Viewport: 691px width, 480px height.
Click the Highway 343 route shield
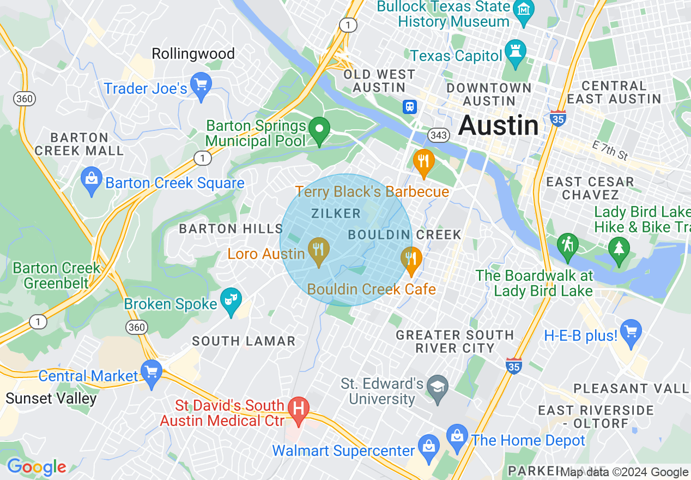tap(438, 135)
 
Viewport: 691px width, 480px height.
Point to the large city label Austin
tap(498, 126)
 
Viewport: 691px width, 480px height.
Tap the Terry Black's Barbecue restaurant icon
tap(423, 161)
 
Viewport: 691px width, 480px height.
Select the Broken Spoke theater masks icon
tap(231, 300)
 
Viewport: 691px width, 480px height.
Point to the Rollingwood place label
tap(193, 53)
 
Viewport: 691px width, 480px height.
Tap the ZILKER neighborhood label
tap(336, 214)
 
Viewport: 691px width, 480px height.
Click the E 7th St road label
tap(610, 149)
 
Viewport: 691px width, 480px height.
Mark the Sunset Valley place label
tap(51, 399)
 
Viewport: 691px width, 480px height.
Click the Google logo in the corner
tap(37, 467)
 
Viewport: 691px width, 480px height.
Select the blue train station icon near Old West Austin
tap(409, 107)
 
